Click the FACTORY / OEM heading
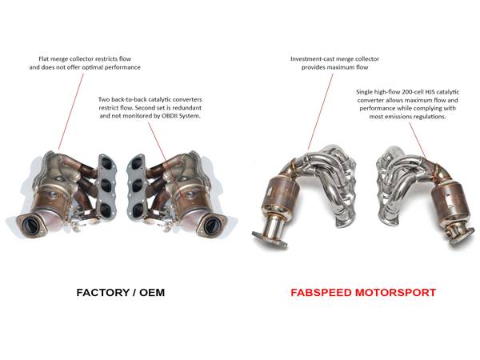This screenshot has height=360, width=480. click(121, 293)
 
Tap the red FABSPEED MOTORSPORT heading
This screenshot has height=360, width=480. click(363, 293)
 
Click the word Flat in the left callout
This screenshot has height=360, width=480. click(44, 58)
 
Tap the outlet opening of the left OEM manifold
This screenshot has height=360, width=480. click(31, 226)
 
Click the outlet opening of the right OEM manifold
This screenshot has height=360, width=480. click(211, 226)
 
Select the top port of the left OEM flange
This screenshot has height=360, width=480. click(106, 162)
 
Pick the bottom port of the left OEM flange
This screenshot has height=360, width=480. click(106, 210)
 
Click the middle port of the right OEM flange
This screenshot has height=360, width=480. click(137, 186)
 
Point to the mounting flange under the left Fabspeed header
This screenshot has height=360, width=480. click(270, 238)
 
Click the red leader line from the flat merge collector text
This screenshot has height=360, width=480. click(70, 111)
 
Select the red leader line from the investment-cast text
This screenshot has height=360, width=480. click(321, 111)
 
